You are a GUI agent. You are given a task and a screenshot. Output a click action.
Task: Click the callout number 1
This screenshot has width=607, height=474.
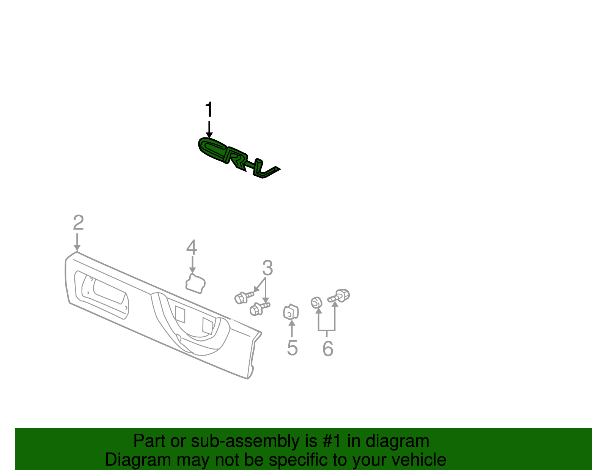tap(209, 109)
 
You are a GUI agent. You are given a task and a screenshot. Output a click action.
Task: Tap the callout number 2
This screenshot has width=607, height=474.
tap(78, 222)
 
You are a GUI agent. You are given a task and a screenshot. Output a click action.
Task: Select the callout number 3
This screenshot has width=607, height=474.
tap(267, 268)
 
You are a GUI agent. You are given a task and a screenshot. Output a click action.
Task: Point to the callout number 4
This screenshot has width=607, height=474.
tap(192, 247)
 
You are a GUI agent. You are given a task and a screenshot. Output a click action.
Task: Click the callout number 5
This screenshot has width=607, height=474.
tap(292, 348)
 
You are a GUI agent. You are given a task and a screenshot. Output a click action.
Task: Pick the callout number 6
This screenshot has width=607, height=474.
tap(328, 349)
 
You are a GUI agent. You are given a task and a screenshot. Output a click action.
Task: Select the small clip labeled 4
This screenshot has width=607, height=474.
tap(195, 283)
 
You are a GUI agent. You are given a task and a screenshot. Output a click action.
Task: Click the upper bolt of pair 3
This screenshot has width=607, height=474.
tap(244, 297)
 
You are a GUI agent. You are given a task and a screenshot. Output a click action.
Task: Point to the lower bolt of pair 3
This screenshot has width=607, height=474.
tap(259, 309)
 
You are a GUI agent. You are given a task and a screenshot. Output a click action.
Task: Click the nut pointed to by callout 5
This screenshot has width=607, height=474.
tap(291, 312)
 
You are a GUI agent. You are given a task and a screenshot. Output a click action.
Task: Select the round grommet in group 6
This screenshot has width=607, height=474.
tap(316, 302)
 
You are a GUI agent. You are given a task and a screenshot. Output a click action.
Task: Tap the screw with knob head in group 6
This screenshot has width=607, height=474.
tap(338, 296)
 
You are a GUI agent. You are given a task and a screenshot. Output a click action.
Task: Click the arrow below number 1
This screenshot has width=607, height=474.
tap(209, 129)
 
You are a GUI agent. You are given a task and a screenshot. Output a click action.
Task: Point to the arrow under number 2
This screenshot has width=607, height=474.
tap(77, 242)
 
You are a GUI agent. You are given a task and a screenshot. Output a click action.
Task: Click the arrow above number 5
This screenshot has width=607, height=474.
tap(292, 329)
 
